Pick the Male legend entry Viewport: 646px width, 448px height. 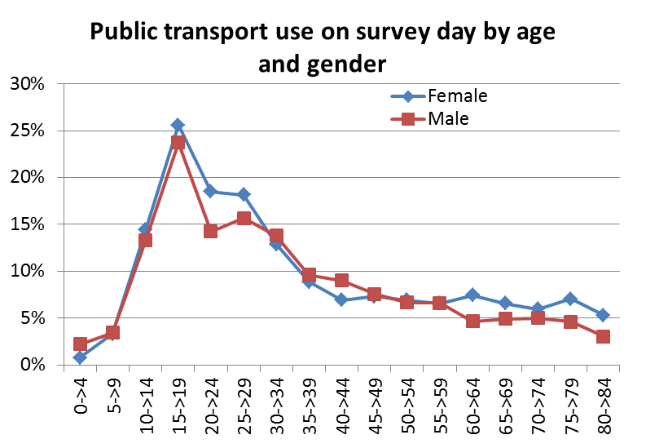tap(447, 119)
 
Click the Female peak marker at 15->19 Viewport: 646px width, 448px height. tap(178, 125)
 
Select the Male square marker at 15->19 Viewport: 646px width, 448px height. tap(178, 143)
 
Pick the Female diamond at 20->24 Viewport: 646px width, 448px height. tap(210, 191)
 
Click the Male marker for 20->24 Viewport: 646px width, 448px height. tap(210, 231)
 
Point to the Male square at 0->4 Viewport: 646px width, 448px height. tap(80, 344)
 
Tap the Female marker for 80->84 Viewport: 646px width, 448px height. tap(603, 315)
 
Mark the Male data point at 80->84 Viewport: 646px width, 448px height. tap(603, 336)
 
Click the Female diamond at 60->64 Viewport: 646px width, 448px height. tap(472, 295)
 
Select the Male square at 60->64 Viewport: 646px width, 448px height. tap(472, 321)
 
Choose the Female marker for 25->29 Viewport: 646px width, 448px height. tap(243, 194)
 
